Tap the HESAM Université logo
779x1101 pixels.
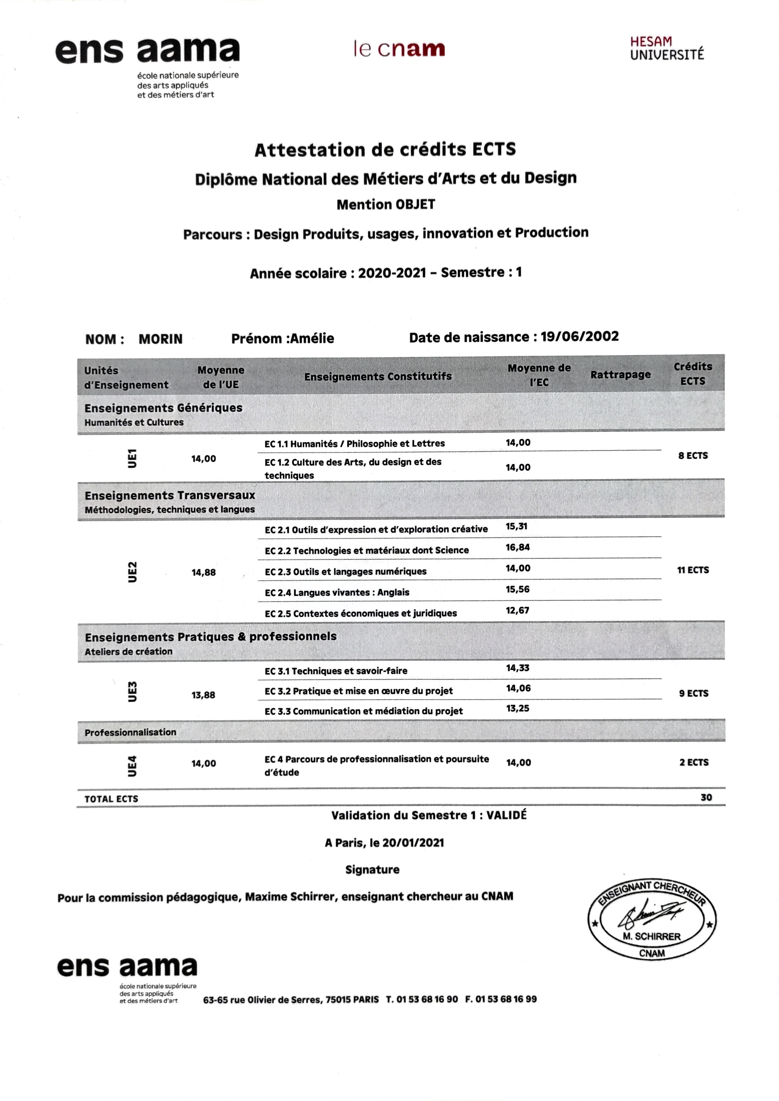667,48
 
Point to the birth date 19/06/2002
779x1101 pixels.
579,337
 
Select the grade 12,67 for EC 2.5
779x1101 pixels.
517,610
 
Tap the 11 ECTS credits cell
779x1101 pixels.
693,570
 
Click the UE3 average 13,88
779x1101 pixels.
203,695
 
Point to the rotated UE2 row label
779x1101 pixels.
132,572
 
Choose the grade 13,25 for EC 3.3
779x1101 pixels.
517,708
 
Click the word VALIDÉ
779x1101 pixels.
507,815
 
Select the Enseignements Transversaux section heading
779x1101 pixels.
170,495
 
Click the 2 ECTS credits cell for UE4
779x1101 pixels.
694,762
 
